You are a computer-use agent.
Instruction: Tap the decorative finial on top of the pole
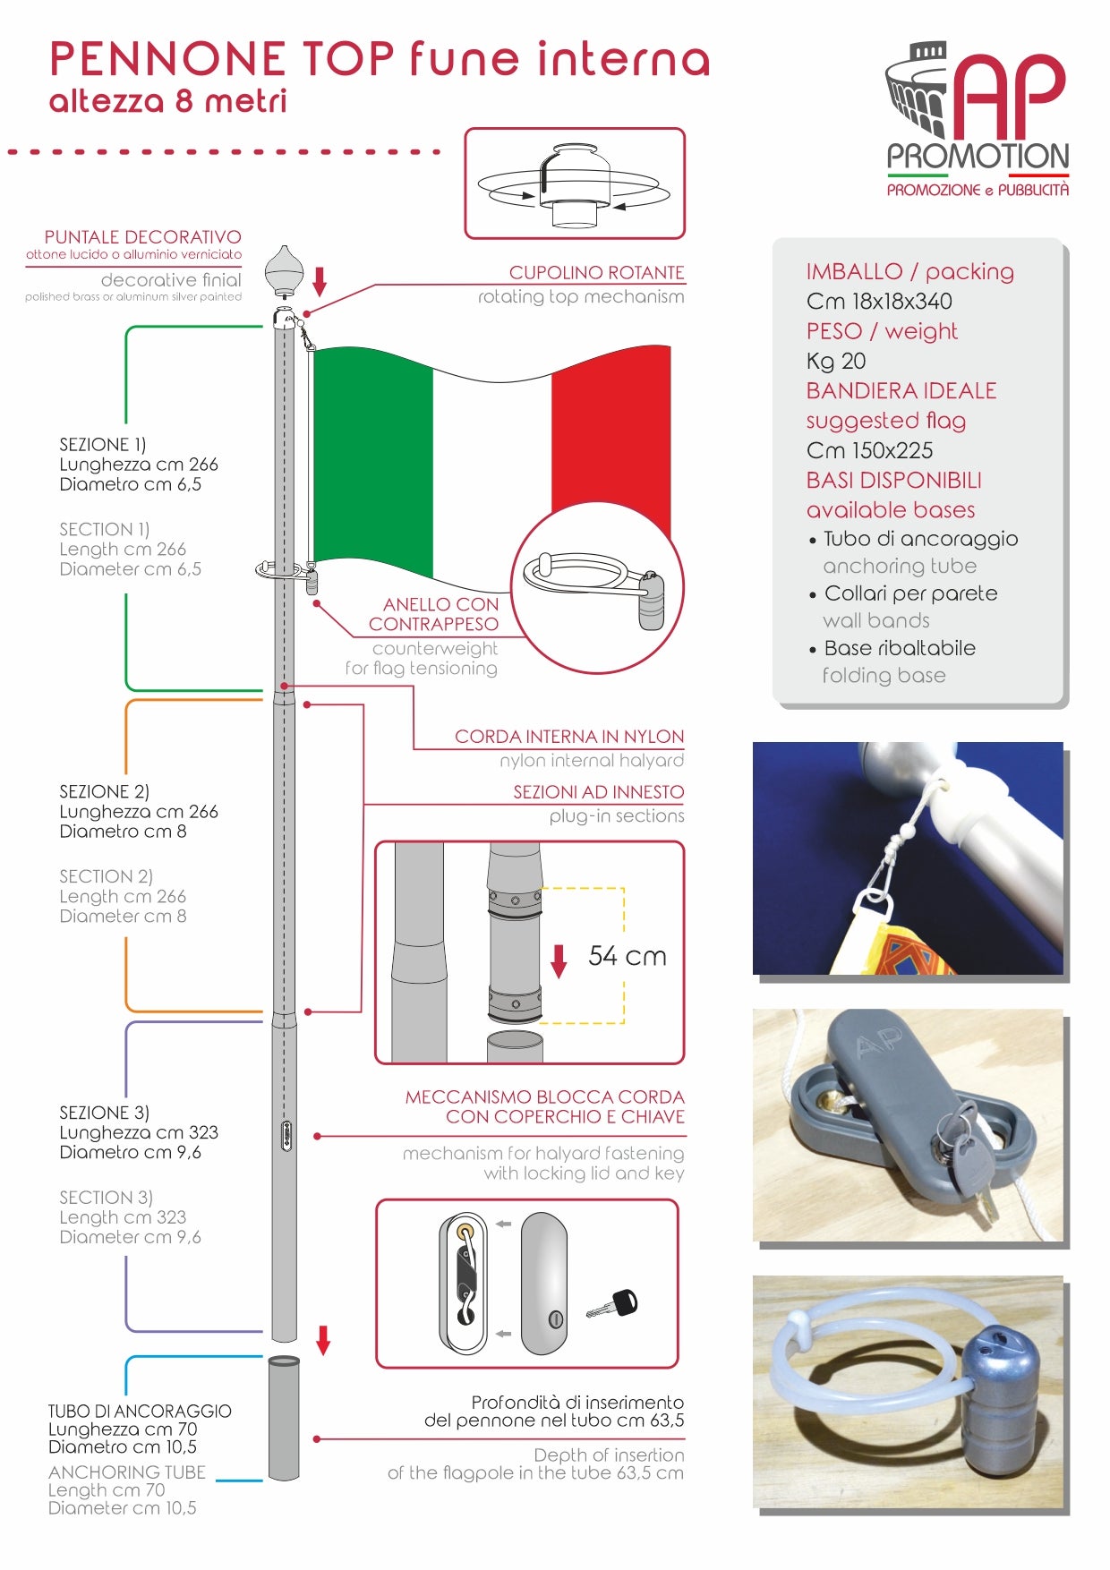pyautogui.click(x=284, y=269)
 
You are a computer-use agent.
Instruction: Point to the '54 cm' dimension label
pyautogui.click(x=628, y=956)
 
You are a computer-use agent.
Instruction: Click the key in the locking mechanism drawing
pyautogui.click(x=613, y=1304)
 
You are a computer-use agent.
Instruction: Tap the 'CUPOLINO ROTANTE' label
pyautogui.click(x=597, y=272)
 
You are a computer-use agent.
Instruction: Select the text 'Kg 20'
pyautogui.click(x=836, y=361)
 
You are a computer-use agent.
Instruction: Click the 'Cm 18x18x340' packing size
pyautogui.click(x=879, y=301)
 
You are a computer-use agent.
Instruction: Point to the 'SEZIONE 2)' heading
pyautogui.click(x=104, y=791)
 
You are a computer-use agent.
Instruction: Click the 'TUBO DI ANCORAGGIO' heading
pyautogui.click(x=140, y=1411)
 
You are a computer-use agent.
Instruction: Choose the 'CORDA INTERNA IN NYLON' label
pyautogui.click(x=569, y=737)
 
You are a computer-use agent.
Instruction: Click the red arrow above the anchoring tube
pyautogui.click(x=323, y=1340)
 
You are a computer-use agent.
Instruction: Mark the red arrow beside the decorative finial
pyautogui.click(x=319, y=281)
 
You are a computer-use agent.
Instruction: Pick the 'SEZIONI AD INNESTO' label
pyautogui.click(x=599, y=792)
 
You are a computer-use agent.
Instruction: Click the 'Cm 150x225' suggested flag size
pyautogui.click(x=869, y=450)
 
